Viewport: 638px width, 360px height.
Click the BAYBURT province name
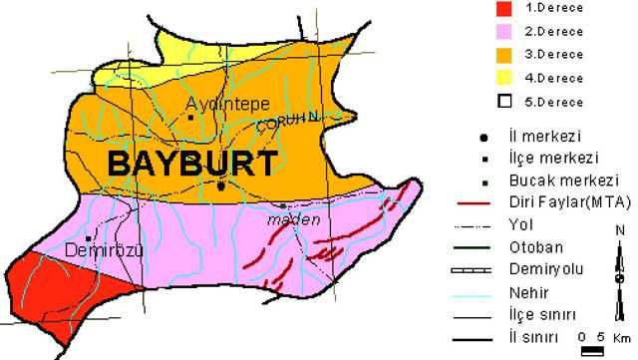[190, 165]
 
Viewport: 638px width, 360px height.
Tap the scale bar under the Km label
[593, 351]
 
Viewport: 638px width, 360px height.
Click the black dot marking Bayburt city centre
[220, 185]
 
